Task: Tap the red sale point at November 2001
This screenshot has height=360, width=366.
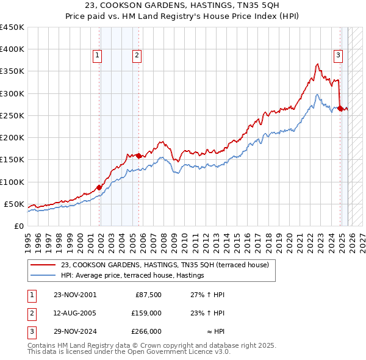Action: click(x=99, y=187)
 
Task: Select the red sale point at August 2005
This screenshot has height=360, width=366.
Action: click(x=138, y=156)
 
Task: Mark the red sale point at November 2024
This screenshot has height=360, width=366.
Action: click(x=340, y=109)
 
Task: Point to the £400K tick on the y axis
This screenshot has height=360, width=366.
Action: click(x=12, y=49)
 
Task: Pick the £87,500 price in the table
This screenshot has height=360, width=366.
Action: click(x=147, y=295)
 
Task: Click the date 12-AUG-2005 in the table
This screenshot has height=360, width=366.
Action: click(x=75, y=313)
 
